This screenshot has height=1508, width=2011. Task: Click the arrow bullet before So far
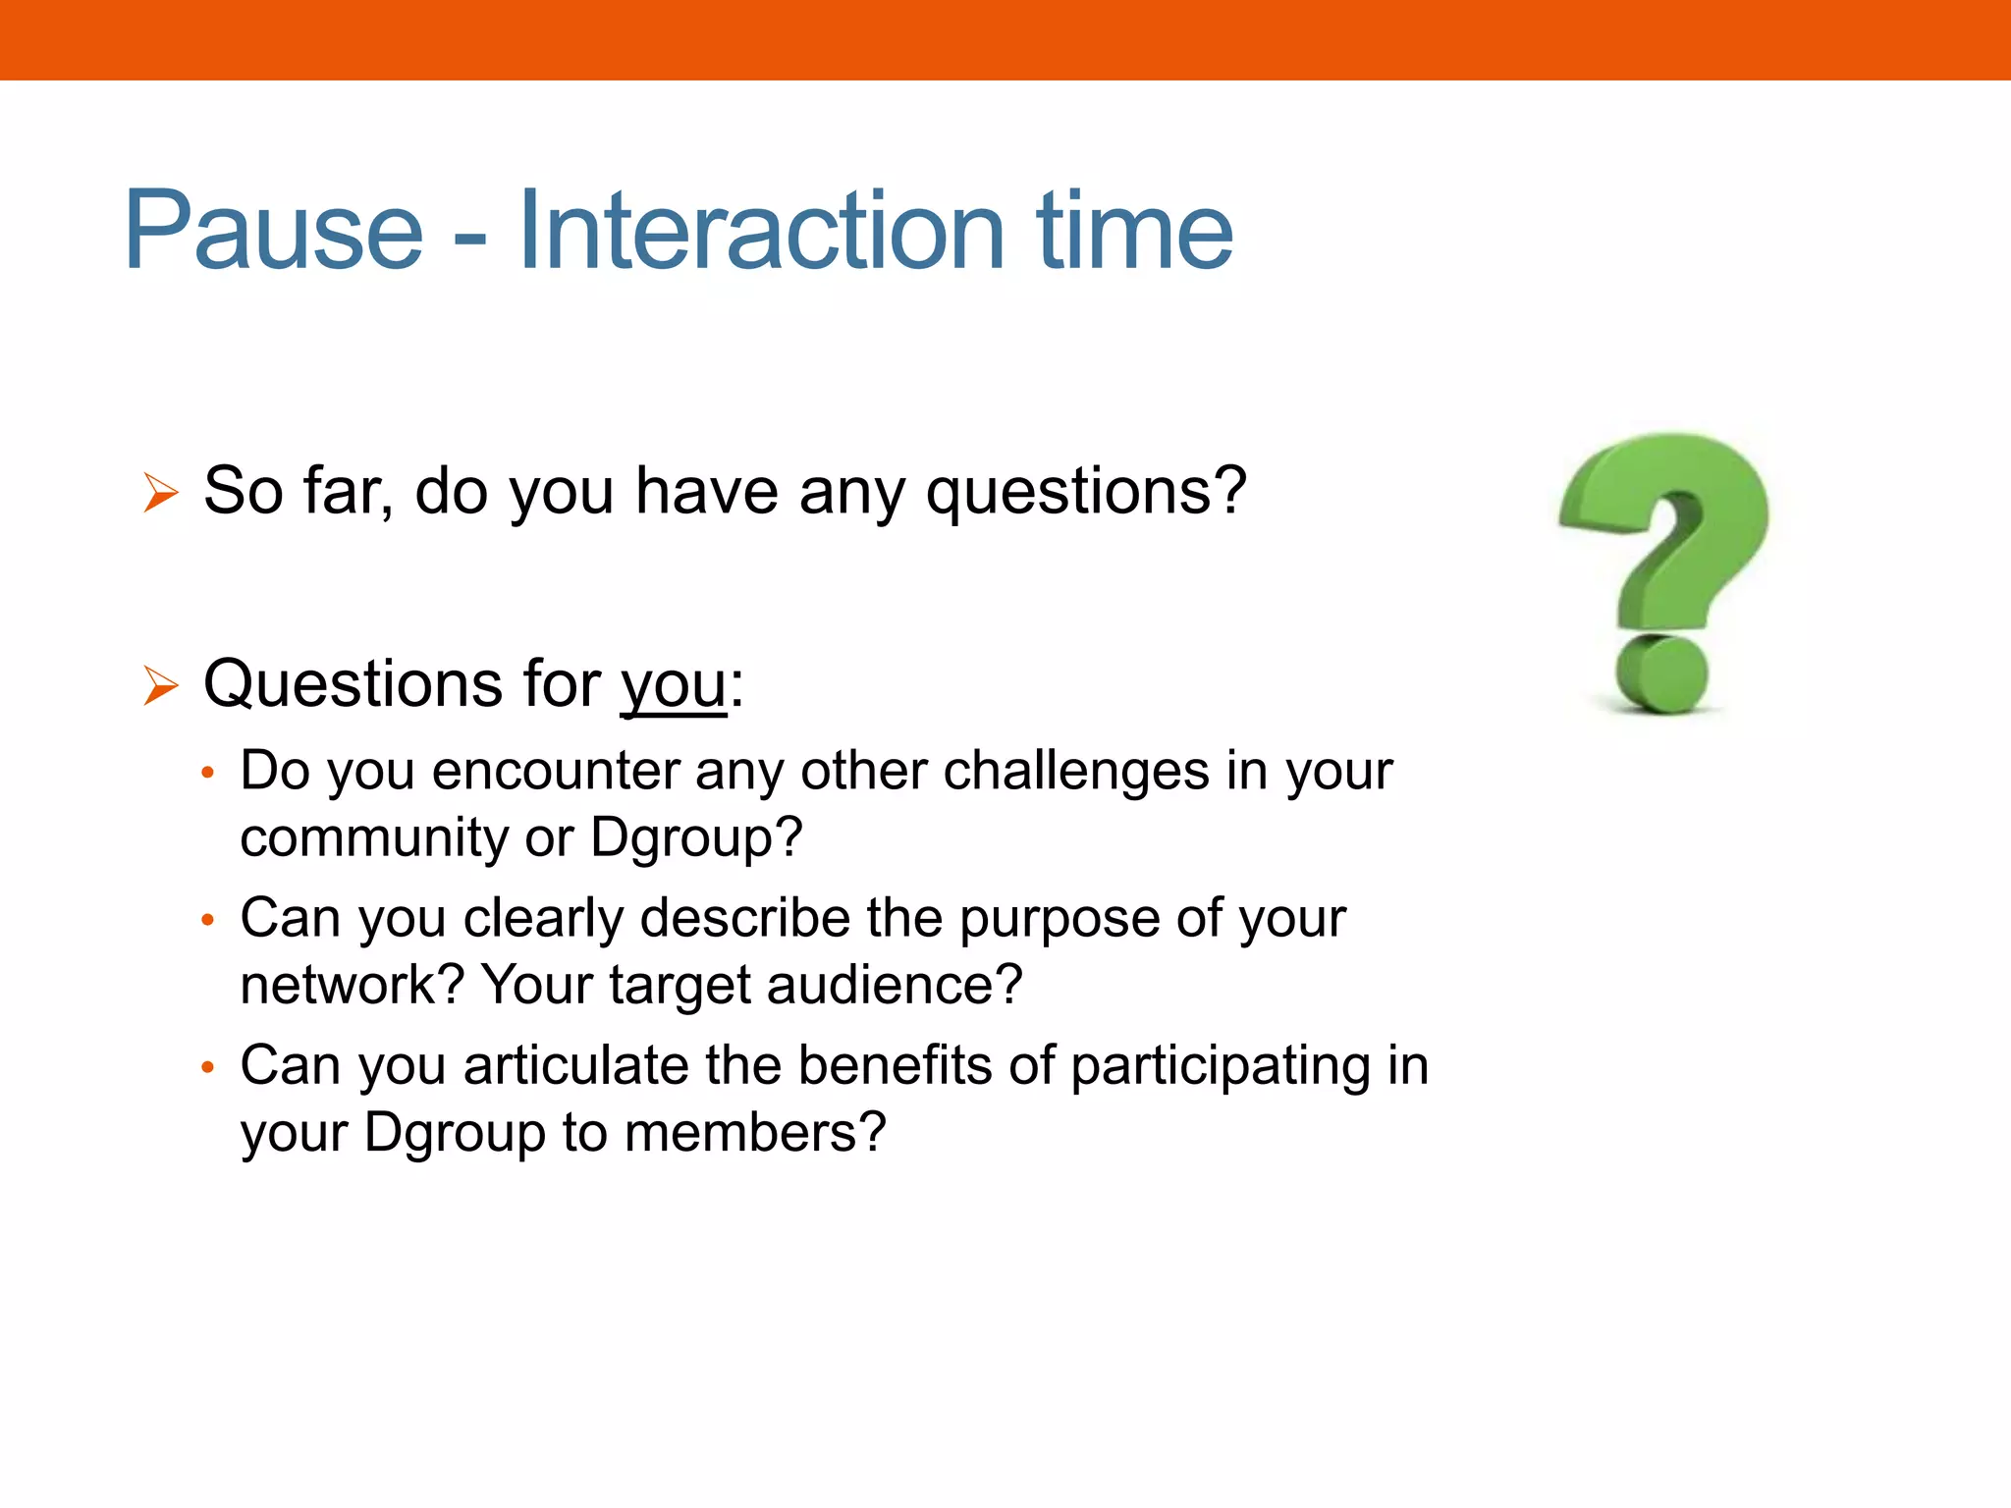click(160, 492)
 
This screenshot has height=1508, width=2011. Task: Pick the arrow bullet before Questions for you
click(160, 684)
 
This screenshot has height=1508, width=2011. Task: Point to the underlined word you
click(674, 685)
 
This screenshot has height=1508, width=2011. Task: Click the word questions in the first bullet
click(1086, 491)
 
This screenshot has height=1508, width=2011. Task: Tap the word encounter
click(556, 771)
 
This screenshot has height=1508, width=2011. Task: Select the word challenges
click(1076, 771)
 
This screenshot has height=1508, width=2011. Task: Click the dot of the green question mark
click(1662, 674)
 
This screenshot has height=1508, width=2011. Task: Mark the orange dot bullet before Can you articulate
click(207, 1067)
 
